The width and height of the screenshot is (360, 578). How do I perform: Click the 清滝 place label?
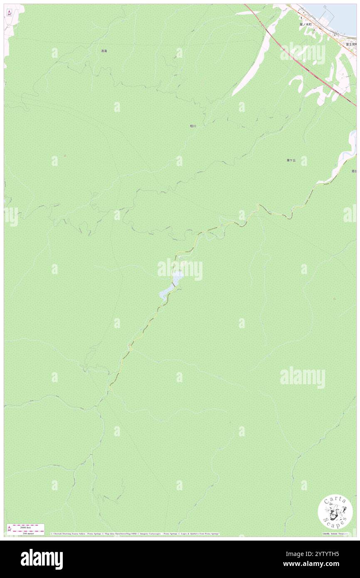[104, 51]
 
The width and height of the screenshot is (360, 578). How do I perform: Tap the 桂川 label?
[192, 126]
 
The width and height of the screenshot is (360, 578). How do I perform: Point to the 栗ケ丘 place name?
[291, 160]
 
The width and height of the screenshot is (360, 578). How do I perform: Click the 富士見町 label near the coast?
[350, 44]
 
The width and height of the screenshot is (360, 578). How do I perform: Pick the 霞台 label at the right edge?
[354, 171]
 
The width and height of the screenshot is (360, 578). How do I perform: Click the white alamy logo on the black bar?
[42, 559]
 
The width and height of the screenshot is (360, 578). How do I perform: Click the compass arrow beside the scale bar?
[9, 529]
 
